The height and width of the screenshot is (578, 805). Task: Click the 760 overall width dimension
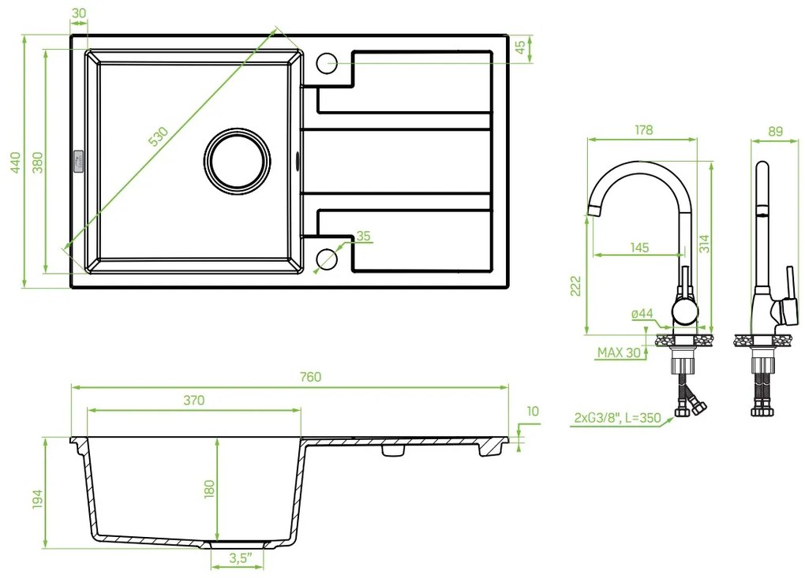coord(310,377)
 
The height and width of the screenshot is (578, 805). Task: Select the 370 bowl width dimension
coord(194,401)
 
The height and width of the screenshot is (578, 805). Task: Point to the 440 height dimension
coord(14,162)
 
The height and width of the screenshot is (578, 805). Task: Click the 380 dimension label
coord(36,162)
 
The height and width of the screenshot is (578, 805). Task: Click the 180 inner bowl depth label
coord(208,488)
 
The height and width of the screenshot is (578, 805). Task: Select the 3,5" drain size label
coord(239,560)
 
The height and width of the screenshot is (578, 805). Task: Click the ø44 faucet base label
coord(642,314)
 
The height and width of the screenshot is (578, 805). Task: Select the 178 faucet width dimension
coord(643,131)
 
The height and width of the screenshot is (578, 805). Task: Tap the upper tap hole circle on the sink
coord(327,62)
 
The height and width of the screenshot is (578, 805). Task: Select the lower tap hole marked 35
coord(327,259)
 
